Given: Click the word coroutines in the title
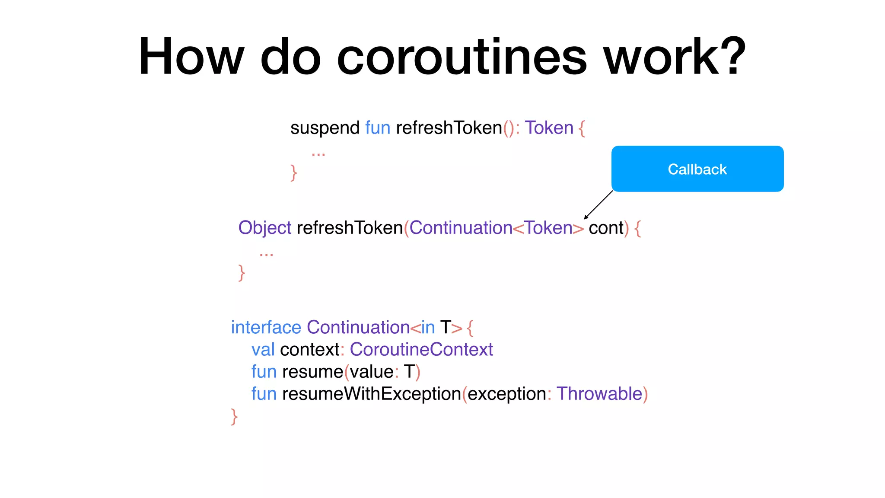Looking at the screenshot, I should click(x=462, y=57).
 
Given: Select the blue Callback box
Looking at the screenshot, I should click(x=697, y=169).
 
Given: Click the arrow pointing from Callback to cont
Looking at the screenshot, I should click(x=598, y=204).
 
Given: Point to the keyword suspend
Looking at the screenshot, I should click(x=325, y=128).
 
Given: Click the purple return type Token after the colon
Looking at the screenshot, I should click(x=549, y=128).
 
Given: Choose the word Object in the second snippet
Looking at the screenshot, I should click(x=265, y=228).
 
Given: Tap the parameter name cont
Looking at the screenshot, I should click(x=606, y=228).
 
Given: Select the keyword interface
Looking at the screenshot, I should click(x=266, y=327).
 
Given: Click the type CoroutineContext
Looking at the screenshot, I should click(x=421, y=349).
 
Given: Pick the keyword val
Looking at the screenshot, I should click(x=263, y=349).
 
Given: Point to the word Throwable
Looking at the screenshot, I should click(x=599, y=394).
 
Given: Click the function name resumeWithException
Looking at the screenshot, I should click(x=372, y=394).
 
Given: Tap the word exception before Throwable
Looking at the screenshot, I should click(x=506, y=394).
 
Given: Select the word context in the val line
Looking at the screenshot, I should click(x=309, y=349).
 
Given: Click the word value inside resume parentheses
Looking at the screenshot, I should click(x=371, y=372).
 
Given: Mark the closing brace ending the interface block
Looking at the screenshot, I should click(x=234, y=417).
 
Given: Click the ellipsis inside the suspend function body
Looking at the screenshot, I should click(x=318, y=153).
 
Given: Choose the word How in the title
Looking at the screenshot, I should click(x=191, y=57).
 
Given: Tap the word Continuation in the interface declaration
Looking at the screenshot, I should click(x=358, y=327).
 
